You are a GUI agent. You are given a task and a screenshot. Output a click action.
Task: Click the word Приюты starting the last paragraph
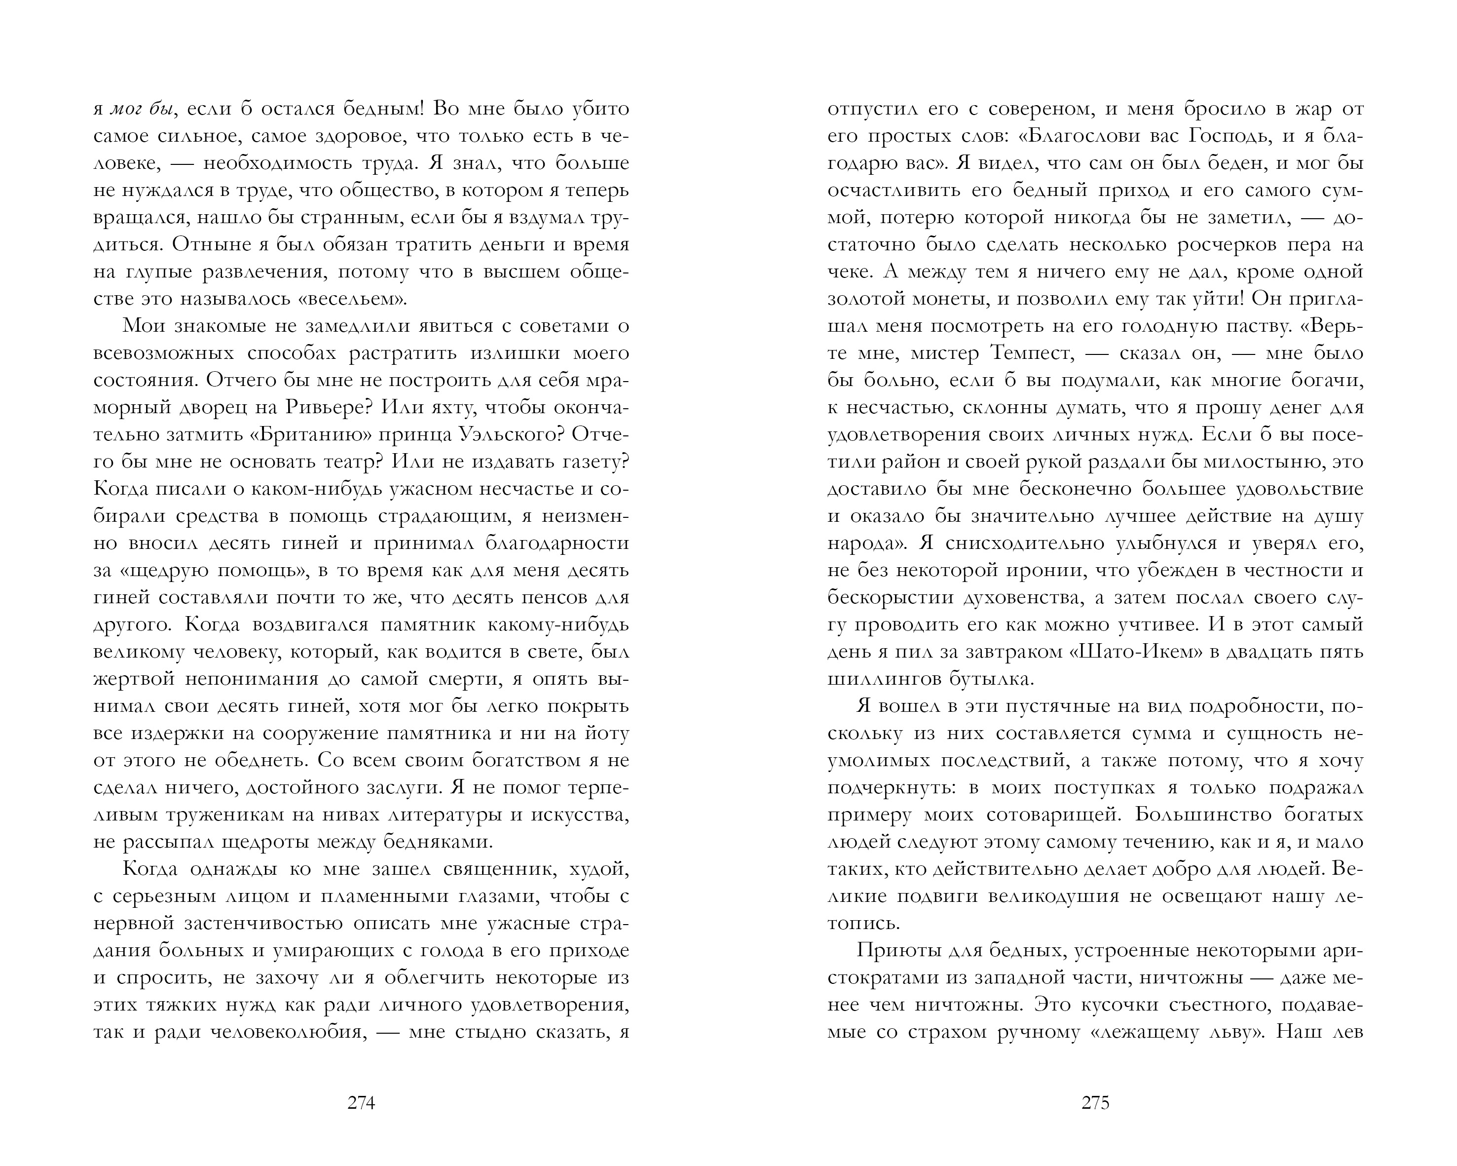[x=899, y=950]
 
